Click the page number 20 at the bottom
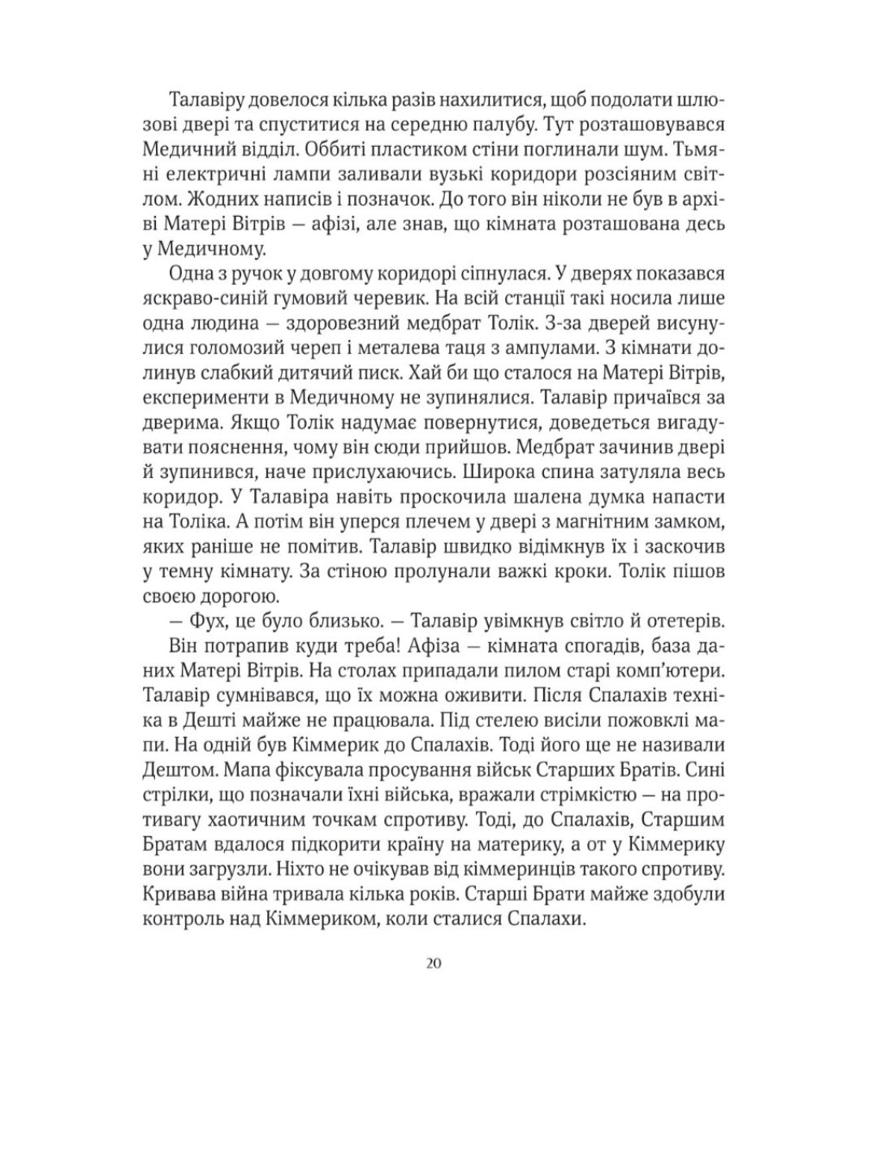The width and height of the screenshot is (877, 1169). (432, 964)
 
